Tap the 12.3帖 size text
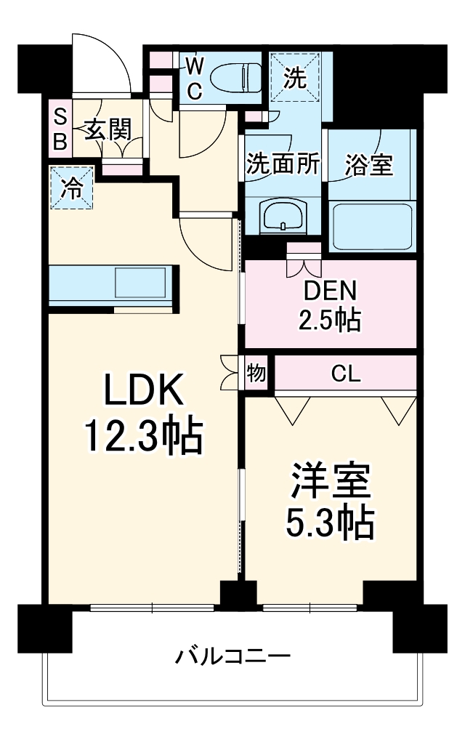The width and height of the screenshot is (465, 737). tap(142, 436)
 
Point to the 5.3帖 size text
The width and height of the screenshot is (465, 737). tap(331, 521)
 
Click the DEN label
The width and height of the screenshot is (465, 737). tap(331, 291)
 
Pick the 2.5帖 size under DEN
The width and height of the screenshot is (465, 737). tap(331, 319)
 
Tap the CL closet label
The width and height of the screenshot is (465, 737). tap(345, 374)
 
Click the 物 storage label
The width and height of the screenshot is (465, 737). tap(256, 374)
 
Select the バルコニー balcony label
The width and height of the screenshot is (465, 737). tap(232, 658)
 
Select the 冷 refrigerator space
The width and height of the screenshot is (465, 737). tap(72, 188)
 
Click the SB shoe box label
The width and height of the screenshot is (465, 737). tap(60, 129)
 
